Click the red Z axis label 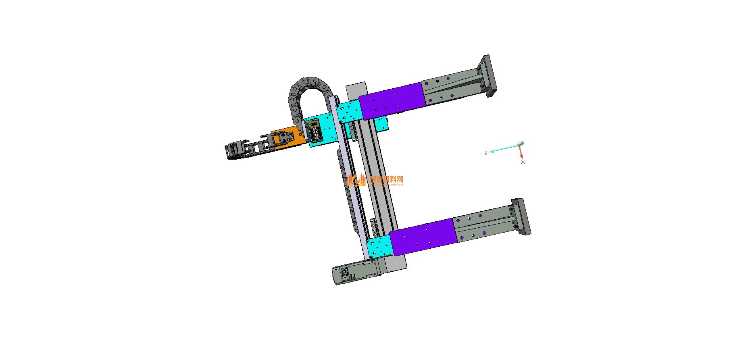tap(486, 153)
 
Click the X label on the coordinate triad tap(523, 162)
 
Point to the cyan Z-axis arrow tap(502, 149)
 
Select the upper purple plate tap(391, 100)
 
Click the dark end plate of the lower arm tap(521, 216)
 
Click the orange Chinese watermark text tap(386, 179)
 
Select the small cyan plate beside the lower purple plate tap(379, 246)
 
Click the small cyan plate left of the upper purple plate tap(349, 111)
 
